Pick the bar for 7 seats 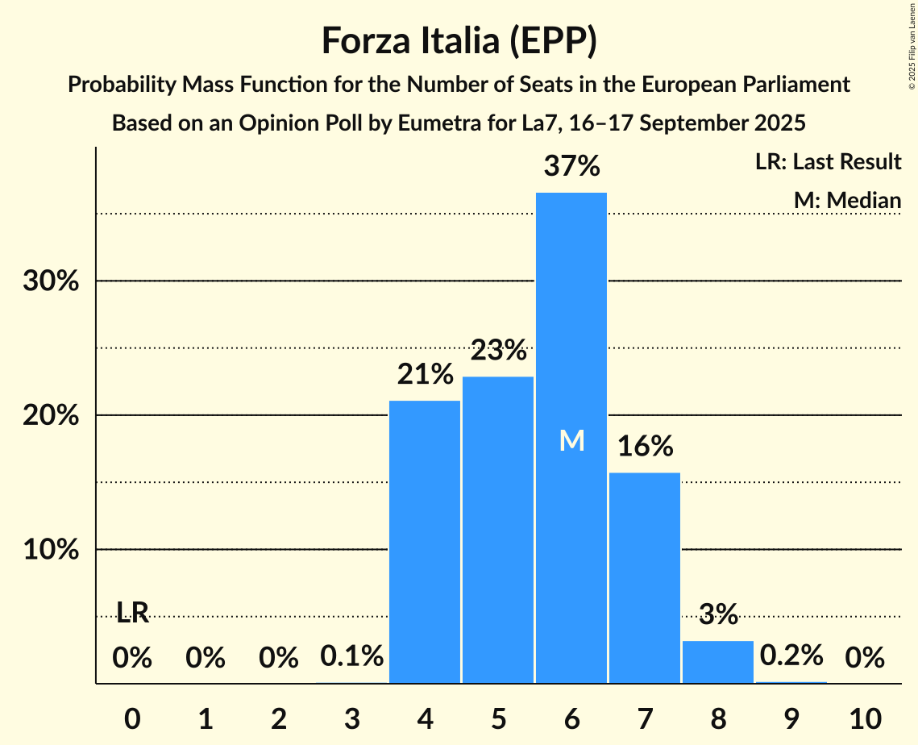pos(645,577)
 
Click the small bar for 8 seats pos(718,662)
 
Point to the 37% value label pos(571,167)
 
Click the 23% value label pos(498,351)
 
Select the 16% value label pos(645,446)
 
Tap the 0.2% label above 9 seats pos(791,656)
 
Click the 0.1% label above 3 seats pos(351,658)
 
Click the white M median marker pos(571,440)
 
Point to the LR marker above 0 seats pos(132,613)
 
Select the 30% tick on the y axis pos(55,281)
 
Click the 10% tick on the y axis pos(55,550)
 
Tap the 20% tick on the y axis pos(55,416)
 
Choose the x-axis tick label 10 pos(865,717)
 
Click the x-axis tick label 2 pos(278,717)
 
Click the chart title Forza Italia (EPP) pos(459,40)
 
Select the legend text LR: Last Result pos(828,162)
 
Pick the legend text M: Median pos(847,200)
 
